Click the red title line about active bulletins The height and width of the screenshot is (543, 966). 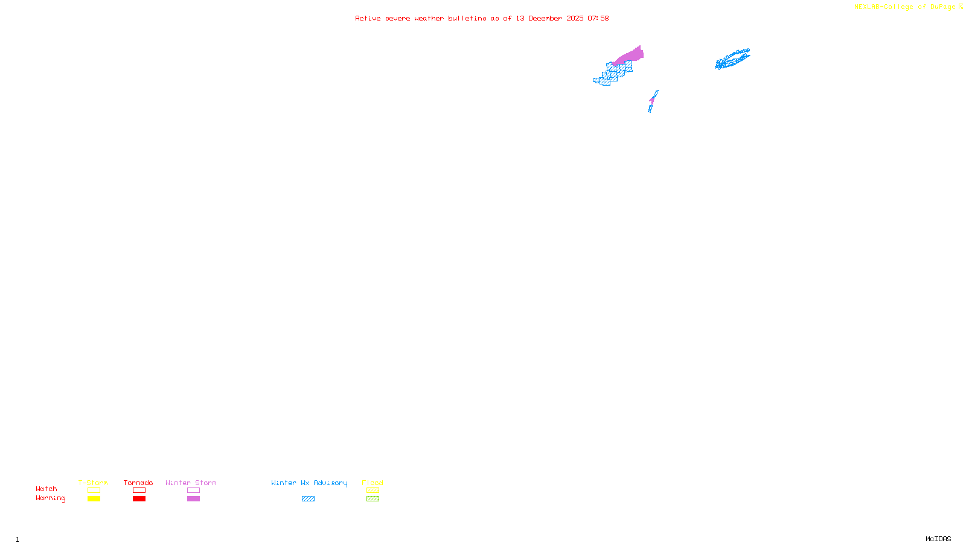tap(481, 18)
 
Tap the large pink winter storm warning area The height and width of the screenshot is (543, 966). tap(630, 56)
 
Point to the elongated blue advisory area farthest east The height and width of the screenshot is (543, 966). tap(732, 59)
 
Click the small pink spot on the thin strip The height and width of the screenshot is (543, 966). tap(652, 100)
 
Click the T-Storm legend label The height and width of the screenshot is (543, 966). tap(93, 483)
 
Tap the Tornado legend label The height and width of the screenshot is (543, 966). tap(138, 483)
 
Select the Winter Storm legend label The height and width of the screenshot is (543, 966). tap(191, 483)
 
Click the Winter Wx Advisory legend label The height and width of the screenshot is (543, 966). tap(309, 483)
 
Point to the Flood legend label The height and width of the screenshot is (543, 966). tap(373, 483)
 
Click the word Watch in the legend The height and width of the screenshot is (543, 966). tap(46, 489)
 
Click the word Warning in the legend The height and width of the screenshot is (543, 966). tap(50, 498)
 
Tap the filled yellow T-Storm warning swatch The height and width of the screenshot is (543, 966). tap(94, 499)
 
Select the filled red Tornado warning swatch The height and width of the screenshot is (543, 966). tap(139, 499)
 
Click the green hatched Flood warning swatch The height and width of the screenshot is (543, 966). tap(373, 499)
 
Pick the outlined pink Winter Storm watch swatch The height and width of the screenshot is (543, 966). tap(193, 491)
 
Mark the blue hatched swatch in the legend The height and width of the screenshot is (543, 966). tap(308, 499)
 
